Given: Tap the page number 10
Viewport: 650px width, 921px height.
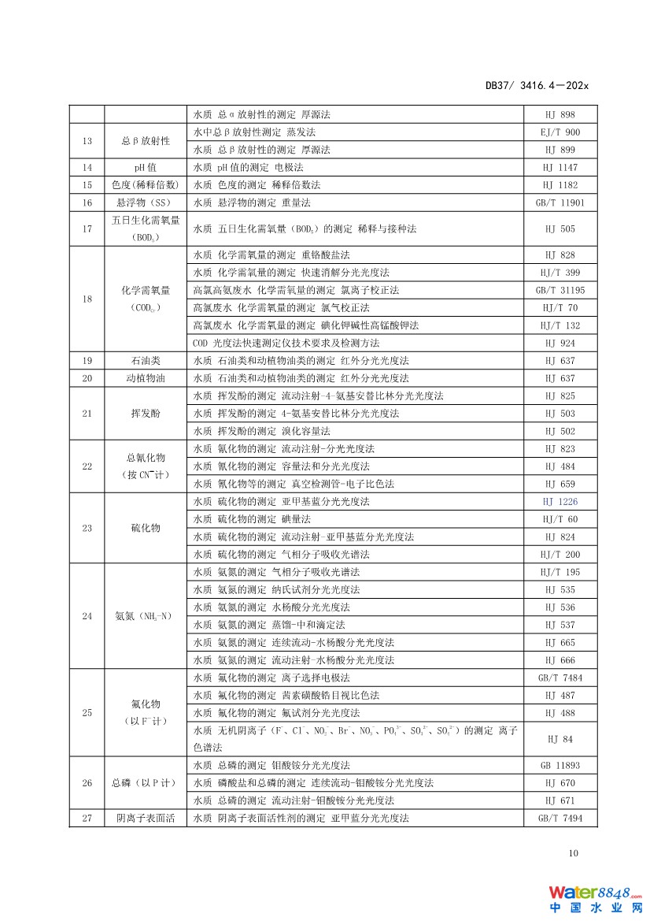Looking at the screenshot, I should point(573,852).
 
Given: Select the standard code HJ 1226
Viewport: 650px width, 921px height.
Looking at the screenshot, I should point(560,502).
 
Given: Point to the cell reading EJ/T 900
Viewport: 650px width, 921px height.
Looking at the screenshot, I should point(560,132).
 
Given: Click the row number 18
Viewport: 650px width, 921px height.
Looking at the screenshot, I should point(87,299).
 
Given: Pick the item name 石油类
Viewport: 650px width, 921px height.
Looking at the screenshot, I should point(146,361).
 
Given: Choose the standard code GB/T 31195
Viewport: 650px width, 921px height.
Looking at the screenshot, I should point(560,290).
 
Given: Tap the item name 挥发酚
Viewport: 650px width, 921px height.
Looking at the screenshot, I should point(146,414).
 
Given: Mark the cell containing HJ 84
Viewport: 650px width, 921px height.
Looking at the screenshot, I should point(560,739).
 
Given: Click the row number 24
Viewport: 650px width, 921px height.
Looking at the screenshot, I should point(87,616).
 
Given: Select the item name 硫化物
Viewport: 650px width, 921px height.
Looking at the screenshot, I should point(146,528).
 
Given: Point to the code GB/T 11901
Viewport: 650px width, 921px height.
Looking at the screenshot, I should point(560,202).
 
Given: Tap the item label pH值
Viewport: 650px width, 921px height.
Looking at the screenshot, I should point(146,167).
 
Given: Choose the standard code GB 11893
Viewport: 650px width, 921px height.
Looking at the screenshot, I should point(560,766).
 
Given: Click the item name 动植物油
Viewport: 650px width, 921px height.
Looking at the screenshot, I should point(146,378).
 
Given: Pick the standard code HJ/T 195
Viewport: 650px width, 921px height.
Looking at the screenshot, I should point(560,572).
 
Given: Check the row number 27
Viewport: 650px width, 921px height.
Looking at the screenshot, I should point(87,819).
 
